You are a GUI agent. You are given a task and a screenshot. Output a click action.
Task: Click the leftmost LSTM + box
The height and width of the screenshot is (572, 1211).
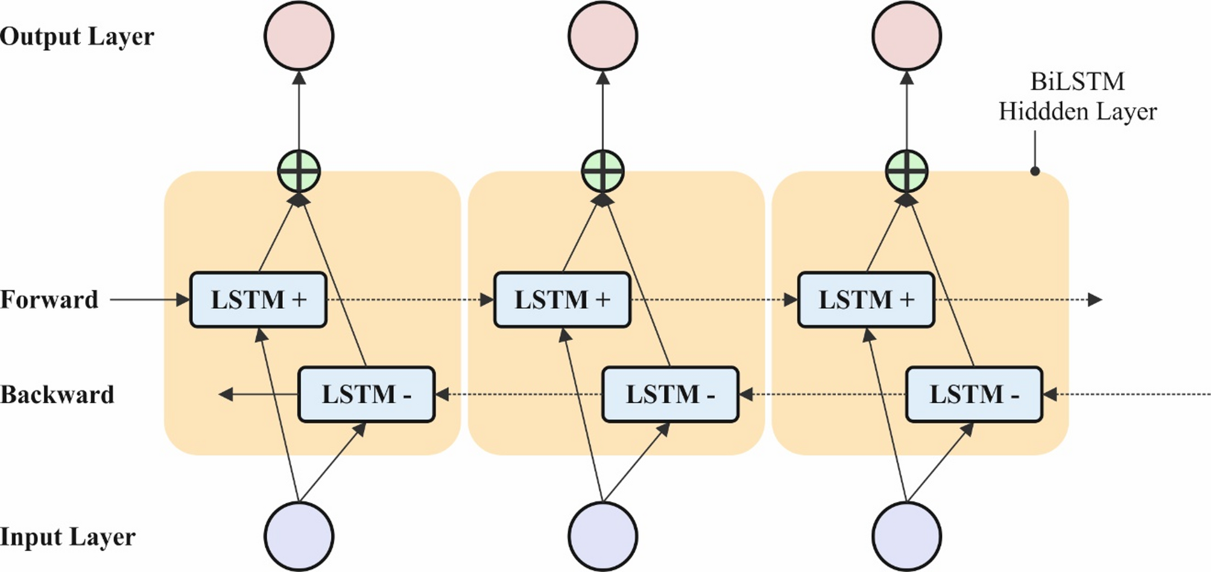pos(258,300)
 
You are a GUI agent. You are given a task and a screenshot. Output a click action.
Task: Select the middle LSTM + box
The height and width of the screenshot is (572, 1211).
pos(562,300)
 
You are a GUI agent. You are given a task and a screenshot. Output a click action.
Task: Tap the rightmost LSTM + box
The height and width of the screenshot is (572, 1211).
pos(866,300)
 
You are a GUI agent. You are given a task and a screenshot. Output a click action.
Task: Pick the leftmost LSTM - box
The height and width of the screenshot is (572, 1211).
pos(366,395)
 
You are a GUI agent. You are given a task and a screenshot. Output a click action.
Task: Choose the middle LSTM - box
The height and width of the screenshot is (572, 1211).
pos(670,395)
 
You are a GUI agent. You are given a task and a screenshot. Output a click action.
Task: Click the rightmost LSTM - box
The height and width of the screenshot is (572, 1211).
pos(974,395)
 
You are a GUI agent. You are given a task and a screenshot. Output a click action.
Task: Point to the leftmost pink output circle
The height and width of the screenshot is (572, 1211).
pos(299,36)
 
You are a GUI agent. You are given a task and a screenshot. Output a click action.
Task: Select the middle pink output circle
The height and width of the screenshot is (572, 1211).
pos(602,36)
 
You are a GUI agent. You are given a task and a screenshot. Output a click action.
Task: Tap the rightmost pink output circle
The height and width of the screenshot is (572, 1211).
pos(906,36)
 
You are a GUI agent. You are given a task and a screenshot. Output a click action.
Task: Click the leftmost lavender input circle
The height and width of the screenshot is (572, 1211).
pos(299,536)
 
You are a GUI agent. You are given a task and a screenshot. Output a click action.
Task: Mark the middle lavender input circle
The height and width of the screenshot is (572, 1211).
pos(602,536)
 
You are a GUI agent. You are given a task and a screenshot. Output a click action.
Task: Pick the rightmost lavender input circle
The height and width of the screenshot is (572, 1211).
pos(906,536)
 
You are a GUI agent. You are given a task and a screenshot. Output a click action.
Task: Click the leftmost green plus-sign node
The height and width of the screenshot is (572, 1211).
pos(299,171)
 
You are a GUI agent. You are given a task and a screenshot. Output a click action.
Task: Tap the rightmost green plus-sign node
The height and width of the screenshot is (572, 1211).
pos(906,171)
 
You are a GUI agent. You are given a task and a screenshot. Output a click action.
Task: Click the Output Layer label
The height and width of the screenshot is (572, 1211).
pos(77,37)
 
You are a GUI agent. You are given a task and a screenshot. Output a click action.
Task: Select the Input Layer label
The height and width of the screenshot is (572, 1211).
pos(68,537)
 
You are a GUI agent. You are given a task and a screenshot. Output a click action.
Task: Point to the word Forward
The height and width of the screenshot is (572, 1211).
pos(49,300)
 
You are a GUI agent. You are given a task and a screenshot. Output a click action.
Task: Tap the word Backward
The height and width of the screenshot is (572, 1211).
pos(57,395)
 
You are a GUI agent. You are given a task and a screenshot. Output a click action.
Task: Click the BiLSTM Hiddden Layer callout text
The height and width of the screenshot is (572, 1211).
pos(1077,97)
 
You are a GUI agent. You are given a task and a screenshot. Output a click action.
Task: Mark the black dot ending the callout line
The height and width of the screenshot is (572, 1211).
pos(1035,171)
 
